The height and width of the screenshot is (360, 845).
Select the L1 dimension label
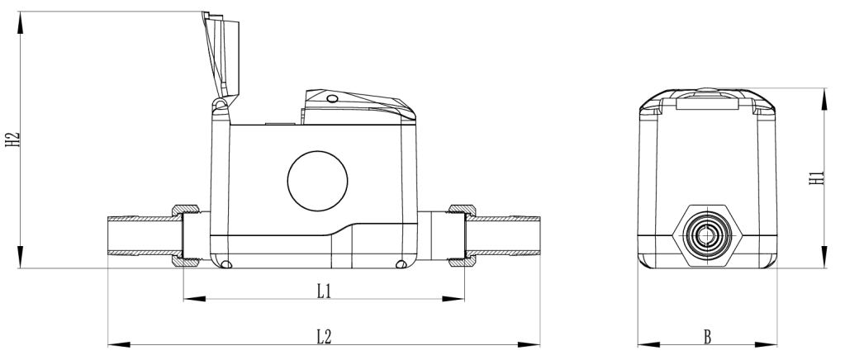[x=324, y=291]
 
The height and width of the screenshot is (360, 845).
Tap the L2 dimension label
[x=324, y=336]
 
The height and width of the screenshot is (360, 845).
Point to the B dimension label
[x=708, y=336]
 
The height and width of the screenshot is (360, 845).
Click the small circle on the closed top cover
[x=332, y=99]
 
